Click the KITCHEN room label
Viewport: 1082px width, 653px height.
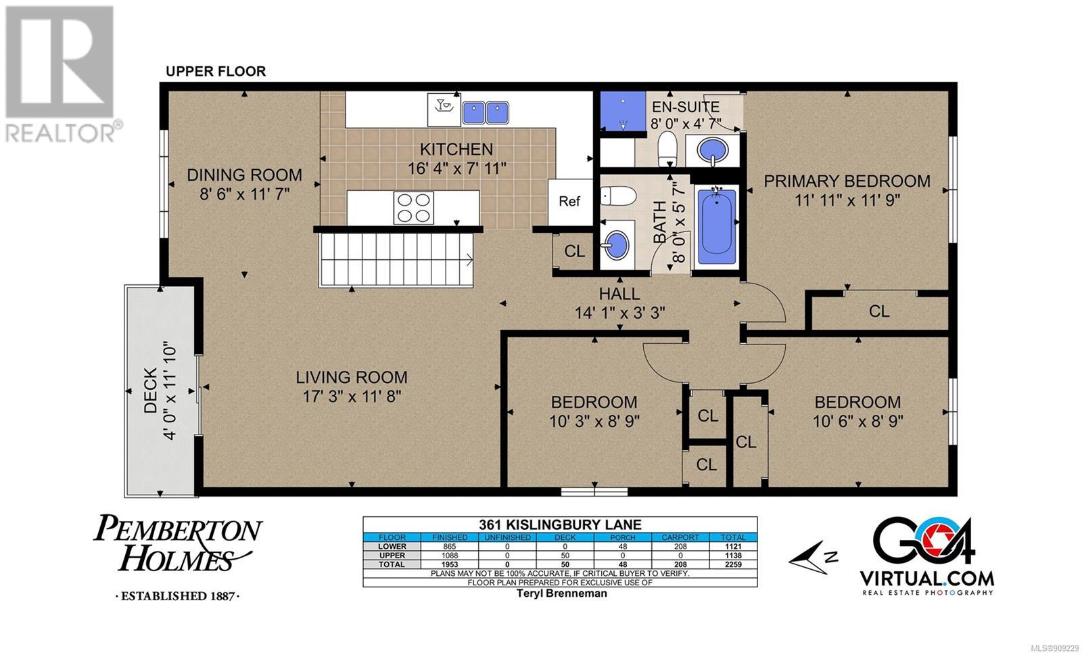pos(456,149)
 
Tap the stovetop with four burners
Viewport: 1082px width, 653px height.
pos(413,208)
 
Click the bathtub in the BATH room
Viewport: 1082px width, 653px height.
pos(717,222)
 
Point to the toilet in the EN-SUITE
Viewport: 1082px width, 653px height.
pos(668,149)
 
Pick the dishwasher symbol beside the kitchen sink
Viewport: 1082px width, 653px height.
pos(444,110)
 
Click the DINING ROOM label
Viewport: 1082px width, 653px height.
pos(244,175)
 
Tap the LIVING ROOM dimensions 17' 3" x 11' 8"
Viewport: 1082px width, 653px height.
pos(352,397)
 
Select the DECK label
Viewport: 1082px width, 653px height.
pos(151,390)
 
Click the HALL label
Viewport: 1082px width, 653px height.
pos(619,294)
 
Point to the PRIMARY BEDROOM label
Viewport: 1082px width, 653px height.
pos(847,181)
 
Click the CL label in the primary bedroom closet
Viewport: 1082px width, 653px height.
pos(879,311)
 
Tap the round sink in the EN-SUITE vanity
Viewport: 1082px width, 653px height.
pos(713,150)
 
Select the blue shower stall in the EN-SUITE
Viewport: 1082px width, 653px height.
pos(623,111)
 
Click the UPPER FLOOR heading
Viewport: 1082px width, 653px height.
pos(216,72)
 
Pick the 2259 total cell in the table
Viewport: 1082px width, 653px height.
pos(733,564)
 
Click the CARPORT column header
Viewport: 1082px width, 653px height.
pos(680,537)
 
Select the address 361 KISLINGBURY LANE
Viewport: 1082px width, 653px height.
pos(560,524)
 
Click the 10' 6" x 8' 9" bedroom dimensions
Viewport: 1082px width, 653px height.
pos(857,422)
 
